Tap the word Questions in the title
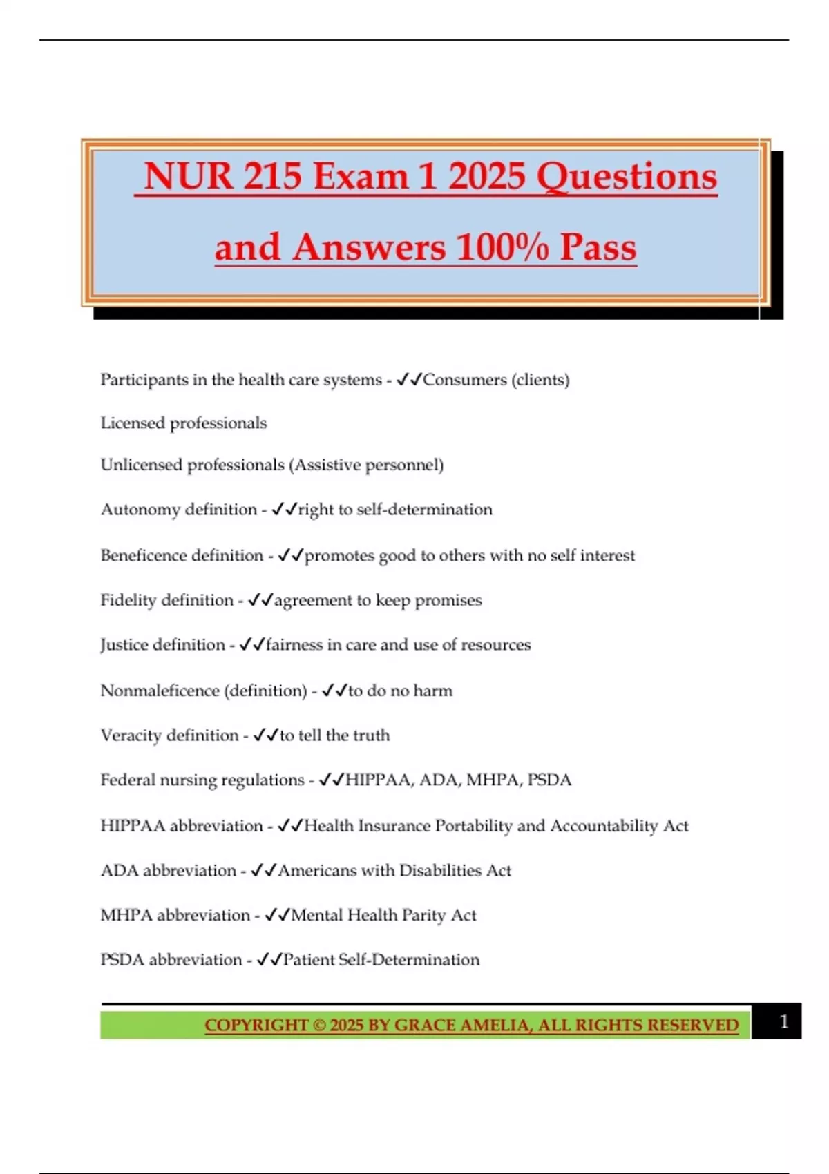(627, 177)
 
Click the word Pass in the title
(598, 247)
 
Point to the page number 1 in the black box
(783, 1021)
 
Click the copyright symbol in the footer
(319, 1026)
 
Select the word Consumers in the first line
(465, 380)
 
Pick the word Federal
(127, 780)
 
